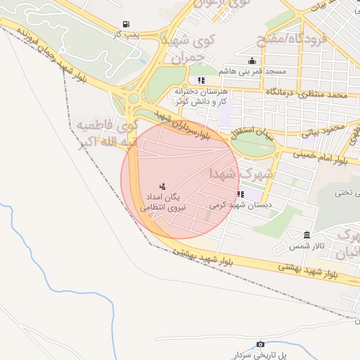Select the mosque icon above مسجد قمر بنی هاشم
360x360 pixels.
[x=252, y=61]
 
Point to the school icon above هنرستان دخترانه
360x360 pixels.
[x=202, y=80]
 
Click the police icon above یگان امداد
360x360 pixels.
[x=162, y=186]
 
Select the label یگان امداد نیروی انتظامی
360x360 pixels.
[x=162, y=202]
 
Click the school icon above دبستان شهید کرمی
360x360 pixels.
[x=240, y=194]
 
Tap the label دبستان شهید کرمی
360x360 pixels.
[x=235, y=205]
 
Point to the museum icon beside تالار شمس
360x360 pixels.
[x=307, y=235]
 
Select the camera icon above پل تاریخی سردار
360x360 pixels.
[x=261, y=344]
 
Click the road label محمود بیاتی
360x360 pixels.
[x=323, y=129]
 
